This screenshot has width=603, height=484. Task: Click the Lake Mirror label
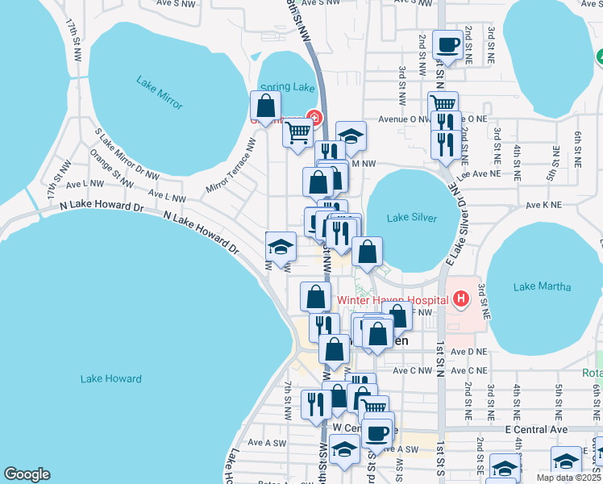(x=160, y=93)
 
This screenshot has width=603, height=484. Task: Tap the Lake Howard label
(x=111, y=378)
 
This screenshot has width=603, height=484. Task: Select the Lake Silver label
(x=411, y=218)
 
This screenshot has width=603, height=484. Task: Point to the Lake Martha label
(x=542, y=287)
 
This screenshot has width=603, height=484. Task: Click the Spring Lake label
(x=276, y=87)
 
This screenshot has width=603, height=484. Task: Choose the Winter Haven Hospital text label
(x=392, y=300)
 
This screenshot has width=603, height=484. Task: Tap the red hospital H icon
(x=460, y=300)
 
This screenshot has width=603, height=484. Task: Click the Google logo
(x=27, y=474)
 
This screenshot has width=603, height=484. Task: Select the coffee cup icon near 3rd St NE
(x=447, y=44)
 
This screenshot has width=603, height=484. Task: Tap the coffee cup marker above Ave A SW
(x=376, y=433)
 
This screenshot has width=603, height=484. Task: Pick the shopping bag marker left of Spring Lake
(x=265, y=106)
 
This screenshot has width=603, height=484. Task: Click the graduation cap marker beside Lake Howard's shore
(x=281, y=247)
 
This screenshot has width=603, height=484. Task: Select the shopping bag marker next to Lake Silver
(x=367, y=252)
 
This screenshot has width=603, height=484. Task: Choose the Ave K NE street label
(x=543, y=205)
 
